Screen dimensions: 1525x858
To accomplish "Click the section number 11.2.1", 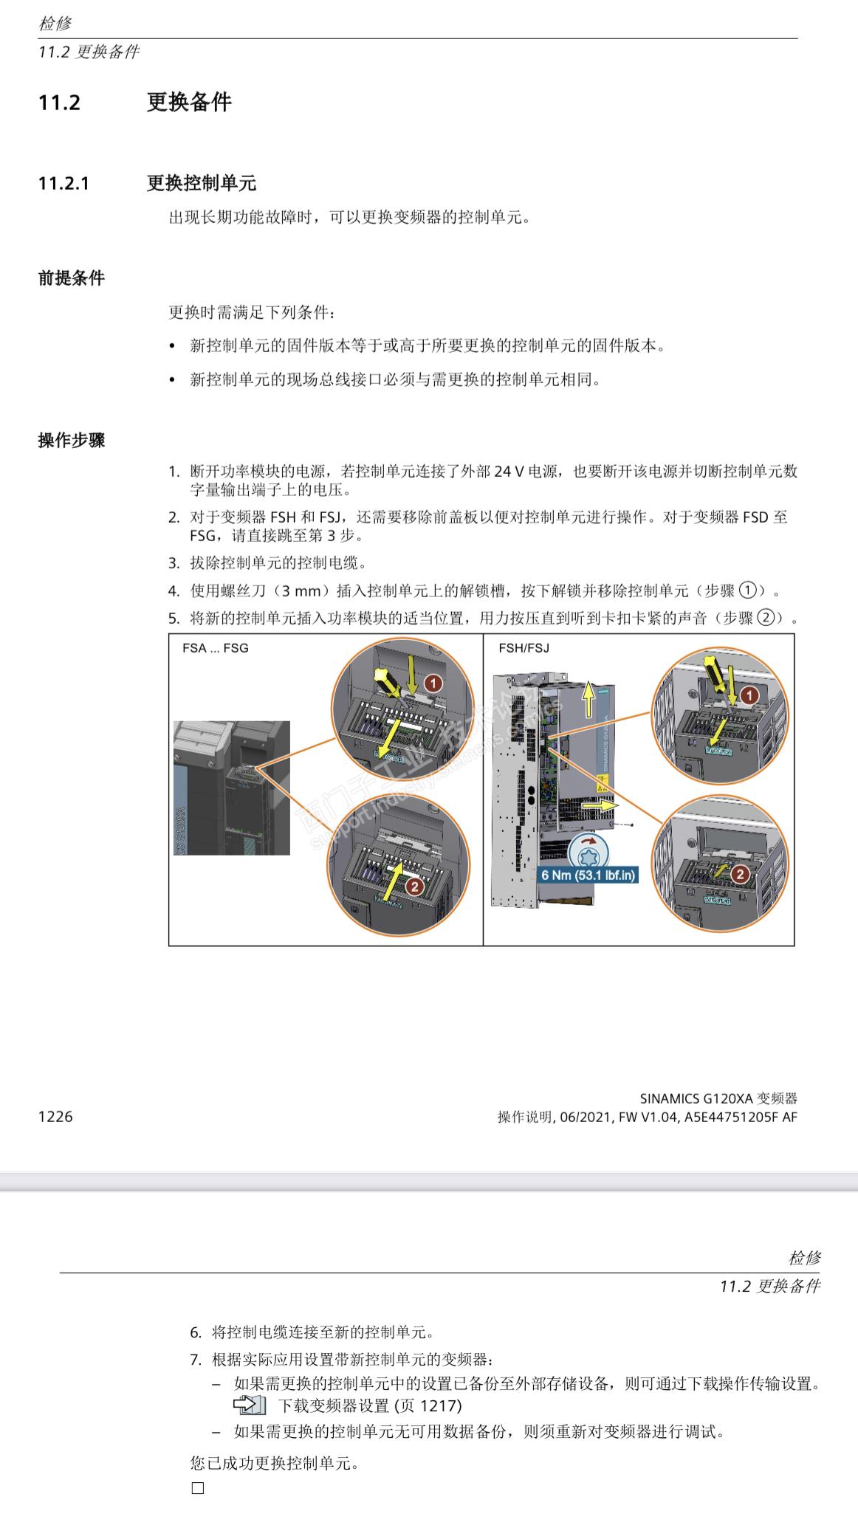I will click(64, 183).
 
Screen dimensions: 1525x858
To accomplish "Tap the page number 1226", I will click(55, 1116).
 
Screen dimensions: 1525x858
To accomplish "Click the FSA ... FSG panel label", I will click(215, 648).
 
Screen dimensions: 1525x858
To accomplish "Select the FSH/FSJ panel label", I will click(524, 648).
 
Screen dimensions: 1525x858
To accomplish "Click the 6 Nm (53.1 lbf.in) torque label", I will click(588, 875).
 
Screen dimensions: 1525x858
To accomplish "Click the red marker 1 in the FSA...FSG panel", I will click(433, 684).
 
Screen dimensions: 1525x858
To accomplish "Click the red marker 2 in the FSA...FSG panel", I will click(414, 886).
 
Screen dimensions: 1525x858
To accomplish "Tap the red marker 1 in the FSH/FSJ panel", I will click(749, 695).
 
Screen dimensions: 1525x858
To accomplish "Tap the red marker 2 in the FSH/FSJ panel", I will click(740, 875).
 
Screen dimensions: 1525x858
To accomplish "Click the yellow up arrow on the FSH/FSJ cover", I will click(588, 700).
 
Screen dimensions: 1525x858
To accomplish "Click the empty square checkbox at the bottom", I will click(198, 1488).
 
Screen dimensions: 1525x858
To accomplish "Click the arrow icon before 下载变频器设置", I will click(249, 1405).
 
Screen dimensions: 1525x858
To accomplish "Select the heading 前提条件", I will click(72, 278).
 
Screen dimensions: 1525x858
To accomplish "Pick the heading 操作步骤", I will click(72, 441).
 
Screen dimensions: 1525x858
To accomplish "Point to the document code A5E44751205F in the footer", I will click(731, 1117).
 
